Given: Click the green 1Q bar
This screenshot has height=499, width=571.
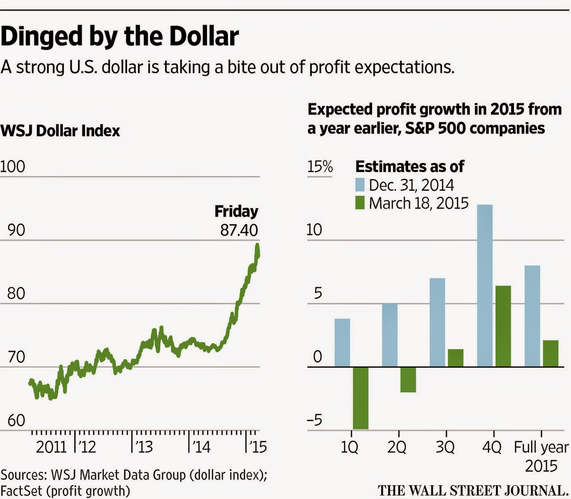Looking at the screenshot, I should pos(360,397).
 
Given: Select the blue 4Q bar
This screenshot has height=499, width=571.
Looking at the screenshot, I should pos(485,285).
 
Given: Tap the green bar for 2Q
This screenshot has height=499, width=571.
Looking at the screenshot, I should pos(408,379).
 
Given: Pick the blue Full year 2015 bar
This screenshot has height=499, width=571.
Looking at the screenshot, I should pos(532,316).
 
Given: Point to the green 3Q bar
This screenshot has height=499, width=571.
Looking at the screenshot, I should pos(455,358).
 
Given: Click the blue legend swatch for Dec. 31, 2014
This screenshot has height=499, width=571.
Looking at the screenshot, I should pos(360,185).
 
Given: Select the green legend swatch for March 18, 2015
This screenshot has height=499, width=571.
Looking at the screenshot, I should pos(360,203).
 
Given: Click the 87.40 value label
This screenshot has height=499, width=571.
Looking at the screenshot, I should pos(239,230).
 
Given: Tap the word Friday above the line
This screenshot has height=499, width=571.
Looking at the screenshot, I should pos(236,211).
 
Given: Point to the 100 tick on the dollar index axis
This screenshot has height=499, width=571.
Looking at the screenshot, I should pos(12,167).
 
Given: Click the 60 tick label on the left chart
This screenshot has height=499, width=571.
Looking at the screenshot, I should pos(16,420).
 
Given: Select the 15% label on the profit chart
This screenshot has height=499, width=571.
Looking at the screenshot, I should pos(320,167).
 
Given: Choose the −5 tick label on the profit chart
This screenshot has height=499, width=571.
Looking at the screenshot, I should pos(314,420).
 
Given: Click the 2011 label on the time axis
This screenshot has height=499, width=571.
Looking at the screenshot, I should pos(51,446).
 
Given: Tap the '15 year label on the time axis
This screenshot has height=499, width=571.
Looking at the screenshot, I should pos(257,446).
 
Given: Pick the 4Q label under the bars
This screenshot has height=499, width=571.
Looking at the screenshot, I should pos(492,446).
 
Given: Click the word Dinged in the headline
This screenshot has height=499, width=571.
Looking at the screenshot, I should pos(42,37).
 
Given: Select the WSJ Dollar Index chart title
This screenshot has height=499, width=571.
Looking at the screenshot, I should pos(60,131).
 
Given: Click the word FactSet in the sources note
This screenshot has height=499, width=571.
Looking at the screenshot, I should pos(21,491).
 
